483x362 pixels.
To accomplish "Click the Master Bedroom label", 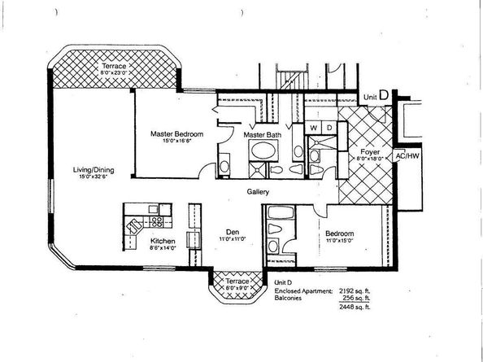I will coord(176,133).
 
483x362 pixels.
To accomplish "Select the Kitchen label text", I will coord(162,242).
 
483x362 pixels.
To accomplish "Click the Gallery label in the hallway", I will coord(259,192).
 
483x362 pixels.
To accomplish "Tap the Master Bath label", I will coord(262,133).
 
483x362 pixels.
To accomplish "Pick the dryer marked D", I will coord(328,128).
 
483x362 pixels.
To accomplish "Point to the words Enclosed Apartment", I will coord(302,289).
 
